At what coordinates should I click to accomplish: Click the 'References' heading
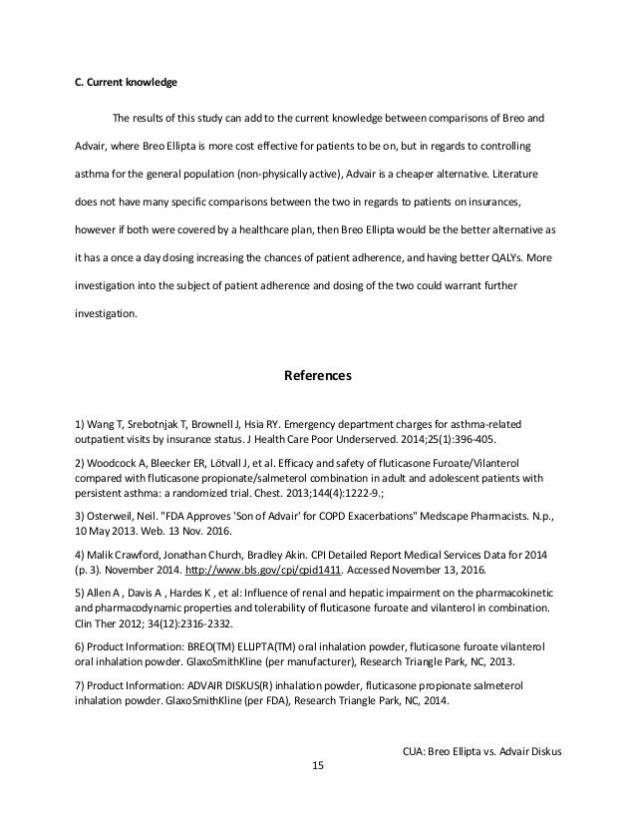coord(318,377)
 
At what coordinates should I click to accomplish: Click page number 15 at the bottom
coord(318,765)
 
